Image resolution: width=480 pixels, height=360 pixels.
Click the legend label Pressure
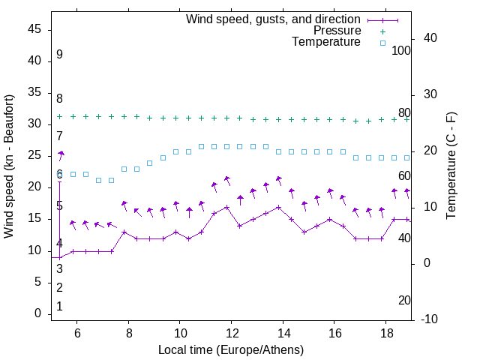[x=337, y=31]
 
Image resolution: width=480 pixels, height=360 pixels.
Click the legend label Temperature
[x=326, y=42]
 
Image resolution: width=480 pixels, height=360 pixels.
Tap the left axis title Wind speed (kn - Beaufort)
[x=9, y=166]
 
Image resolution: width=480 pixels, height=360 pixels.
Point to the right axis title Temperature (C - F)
[x=451, y=166]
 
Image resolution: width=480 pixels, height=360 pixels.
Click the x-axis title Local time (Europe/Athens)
[x=231, y=349]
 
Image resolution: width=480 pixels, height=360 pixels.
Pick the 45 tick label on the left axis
[x=34, y=29]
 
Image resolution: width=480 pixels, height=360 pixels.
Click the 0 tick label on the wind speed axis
[x=38, y=314]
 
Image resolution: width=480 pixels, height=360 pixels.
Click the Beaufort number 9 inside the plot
[x=59, y=55]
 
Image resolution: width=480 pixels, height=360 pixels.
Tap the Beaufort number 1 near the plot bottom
[x=59, y=307]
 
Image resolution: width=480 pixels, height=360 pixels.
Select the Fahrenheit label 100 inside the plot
[x=401, y=51]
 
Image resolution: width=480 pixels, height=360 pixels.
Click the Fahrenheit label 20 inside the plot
[x=404, y=300]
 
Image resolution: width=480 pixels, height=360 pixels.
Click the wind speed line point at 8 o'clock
[x=124, y=232]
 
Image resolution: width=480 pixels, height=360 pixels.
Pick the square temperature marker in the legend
[x=382, y=43]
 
